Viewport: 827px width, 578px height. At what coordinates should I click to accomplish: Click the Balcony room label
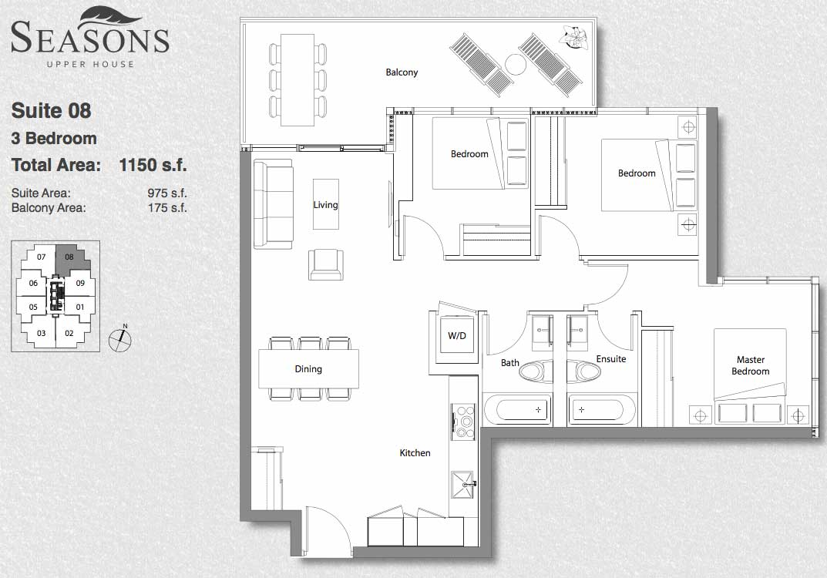click(x=402, y=72)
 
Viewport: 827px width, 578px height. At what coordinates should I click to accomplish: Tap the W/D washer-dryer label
click(x=457, y=336)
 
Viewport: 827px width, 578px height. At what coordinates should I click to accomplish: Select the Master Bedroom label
click(x=750, y=365)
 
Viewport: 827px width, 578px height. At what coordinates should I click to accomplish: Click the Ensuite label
click(x=610, y=359)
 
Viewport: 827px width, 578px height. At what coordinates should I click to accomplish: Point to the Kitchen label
click(x=415, y=453)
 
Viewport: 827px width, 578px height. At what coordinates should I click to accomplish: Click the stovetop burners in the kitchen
click(x=465, y=421)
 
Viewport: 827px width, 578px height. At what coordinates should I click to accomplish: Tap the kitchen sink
click(x=464, y=485)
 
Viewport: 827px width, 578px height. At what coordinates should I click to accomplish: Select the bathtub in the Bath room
click(x=517, y=410)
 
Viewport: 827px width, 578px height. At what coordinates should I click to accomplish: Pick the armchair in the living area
click(x=326, y=264)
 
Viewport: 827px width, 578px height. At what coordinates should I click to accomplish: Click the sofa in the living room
click(x=273, y=204)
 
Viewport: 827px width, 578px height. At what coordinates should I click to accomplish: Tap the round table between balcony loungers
click(x=516, y=65)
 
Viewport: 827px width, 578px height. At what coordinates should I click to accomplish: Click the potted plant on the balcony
click(x=574, y=38)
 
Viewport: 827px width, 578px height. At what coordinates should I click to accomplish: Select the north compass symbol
click(x=120, y=339)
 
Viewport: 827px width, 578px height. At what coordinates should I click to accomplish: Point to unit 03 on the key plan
click(x=41, y=333)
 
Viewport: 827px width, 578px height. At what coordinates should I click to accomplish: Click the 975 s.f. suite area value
click(x=167, y=193)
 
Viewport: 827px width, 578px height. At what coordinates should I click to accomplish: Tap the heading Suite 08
click(x=51, y=111)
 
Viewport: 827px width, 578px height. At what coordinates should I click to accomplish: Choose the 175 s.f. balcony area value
click(x=167, y=208)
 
